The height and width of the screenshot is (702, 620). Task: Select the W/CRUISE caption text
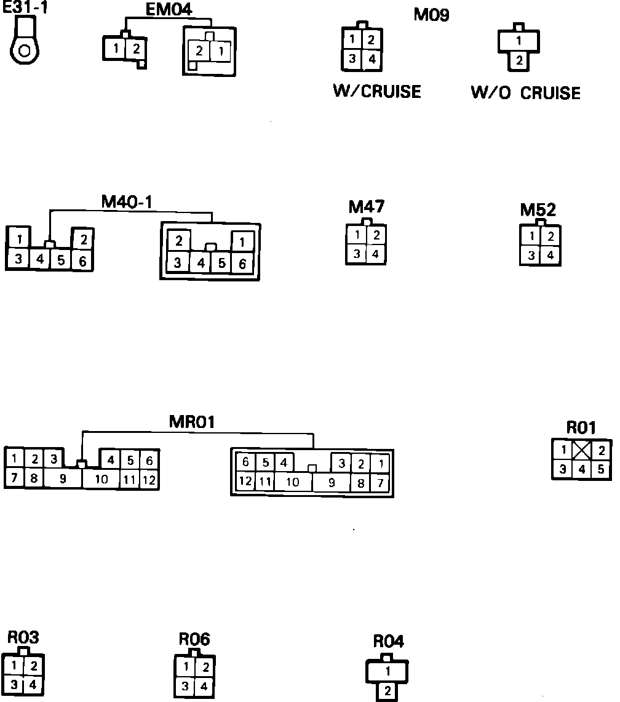[x=376, y=91]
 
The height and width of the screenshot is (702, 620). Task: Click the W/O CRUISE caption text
[x=525, y=93]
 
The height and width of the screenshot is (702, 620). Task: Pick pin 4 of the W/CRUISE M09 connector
[x=372, y=60]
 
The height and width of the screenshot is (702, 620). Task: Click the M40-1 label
[x=127, y=201]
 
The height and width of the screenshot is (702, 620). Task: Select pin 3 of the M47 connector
[x=357, y=254]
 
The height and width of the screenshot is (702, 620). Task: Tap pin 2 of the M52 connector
[x=550, y=236]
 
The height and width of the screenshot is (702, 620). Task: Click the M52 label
[x=538, y=210]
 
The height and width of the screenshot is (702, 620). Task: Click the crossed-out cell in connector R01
[x=581, y=451]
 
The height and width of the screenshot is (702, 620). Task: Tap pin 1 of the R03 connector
[x=14, y=666]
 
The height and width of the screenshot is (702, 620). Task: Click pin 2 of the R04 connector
[x=387, y=691]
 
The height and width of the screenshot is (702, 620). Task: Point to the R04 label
[x=389, y=642]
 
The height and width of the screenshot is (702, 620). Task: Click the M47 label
[x=367, y=207]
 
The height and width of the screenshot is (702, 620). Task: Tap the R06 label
[x=194, y=640]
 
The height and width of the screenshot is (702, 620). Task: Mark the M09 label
[x=431, y=15]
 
